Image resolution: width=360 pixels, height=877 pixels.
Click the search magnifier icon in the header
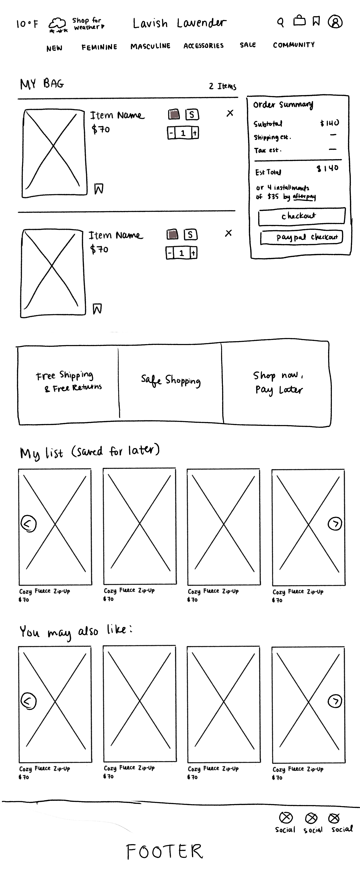[x=280, y=23]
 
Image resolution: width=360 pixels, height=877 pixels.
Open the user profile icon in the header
[x=335, y=22]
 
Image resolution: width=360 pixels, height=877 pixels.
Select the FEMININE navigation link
[x=99, y=47]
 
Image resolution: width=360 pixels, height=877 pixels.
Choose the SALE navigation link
[x=248, y=45]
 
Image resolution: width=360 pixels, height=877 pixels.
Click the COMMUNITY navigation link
[x=294, y=45]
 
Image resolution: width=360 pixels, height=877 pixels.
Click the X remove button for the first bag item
[x=230, y=113]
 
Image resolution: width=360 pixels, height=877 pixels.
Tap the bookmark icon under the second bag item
[x=97, y=309]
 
